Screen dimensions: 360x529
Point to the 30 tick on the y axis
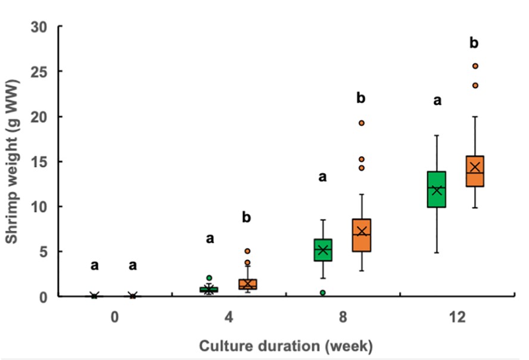click(x=41, y=27)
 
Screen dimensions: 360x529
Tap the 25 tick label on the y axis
click(x=41, y=72)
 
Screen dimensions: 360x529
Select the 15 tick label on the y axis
click(x=41, y=162)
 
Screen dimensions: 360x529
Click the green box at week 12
click(x=437, y=190)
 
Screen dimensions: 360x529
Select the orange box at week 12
click(x=475, y=171)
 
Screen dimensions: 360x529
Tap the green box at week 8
click(x=323, y=250)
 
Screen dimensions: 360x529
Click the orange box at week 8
click(x=361, y=235)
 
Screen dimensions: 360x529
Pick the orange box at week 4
click(x=247, y=284)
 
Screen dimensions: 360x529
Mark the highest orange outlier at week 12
click(x=475, y=66)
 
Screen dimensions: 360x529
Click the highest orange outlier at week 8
click(x=361, y=123)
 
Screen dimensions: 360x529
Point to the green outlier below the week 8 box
click(x=323, y=293)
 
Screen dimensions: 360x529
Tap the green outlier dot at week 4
click(x=209, y=278)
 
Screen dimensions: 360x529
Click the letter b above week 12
click(x=474, y=43)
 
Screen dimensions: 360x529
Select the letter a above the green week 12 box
click(x=437, y=101)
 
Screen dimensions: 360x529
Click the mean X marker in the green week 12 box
click(x=437, y=190)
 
